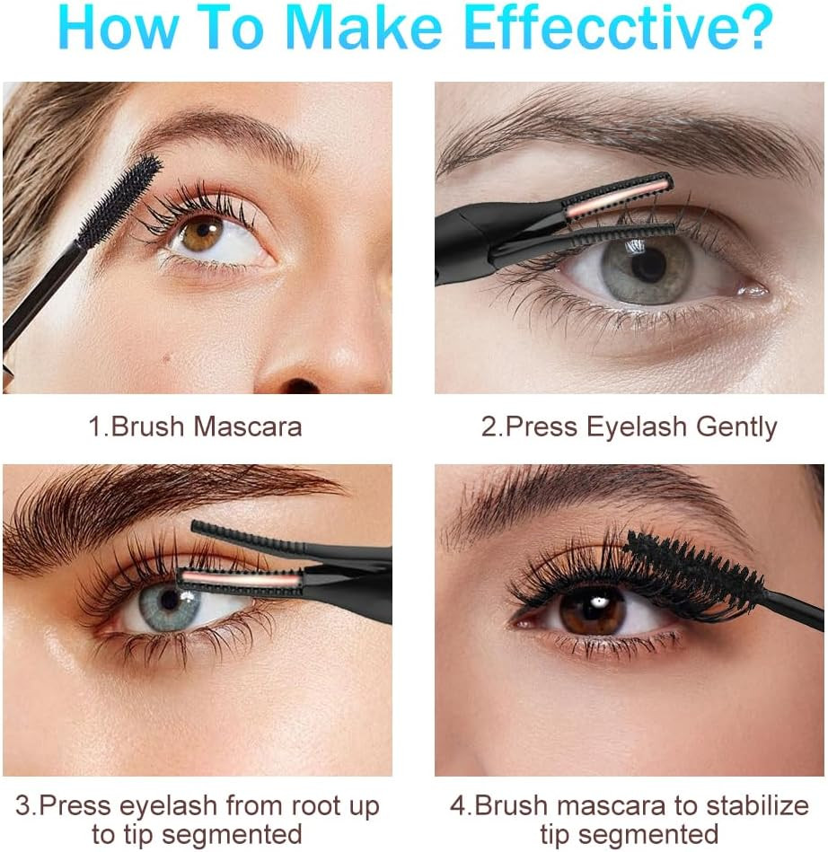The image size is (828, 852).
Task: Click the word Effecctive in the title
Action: [x=619, y=27]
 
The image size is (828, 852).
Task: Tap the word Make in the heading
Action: [x=363, y=27]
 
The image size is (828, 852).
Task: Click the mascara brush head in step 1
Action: [x=119, y=201]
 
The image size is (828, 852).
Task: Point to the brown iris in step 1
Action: [x=202, y=233]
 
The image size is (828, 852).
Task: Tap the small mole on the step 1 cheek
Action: [x=166, y=357]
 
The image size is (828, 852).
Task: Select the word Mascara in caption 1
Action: [x=247, y=426]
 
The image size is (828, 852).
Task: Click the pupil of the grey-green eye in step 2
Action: [x=648, y=265]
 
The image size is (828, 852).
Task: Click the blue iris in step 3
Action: [x=169, y=606]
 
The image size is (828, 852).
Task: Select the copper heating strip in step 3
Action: [x=240, y=580]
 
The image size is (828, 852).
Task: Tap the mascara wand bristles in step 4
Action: [x=694, y=576]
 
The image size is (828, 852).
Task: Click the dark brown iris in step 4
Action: [x=592, y=610]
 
